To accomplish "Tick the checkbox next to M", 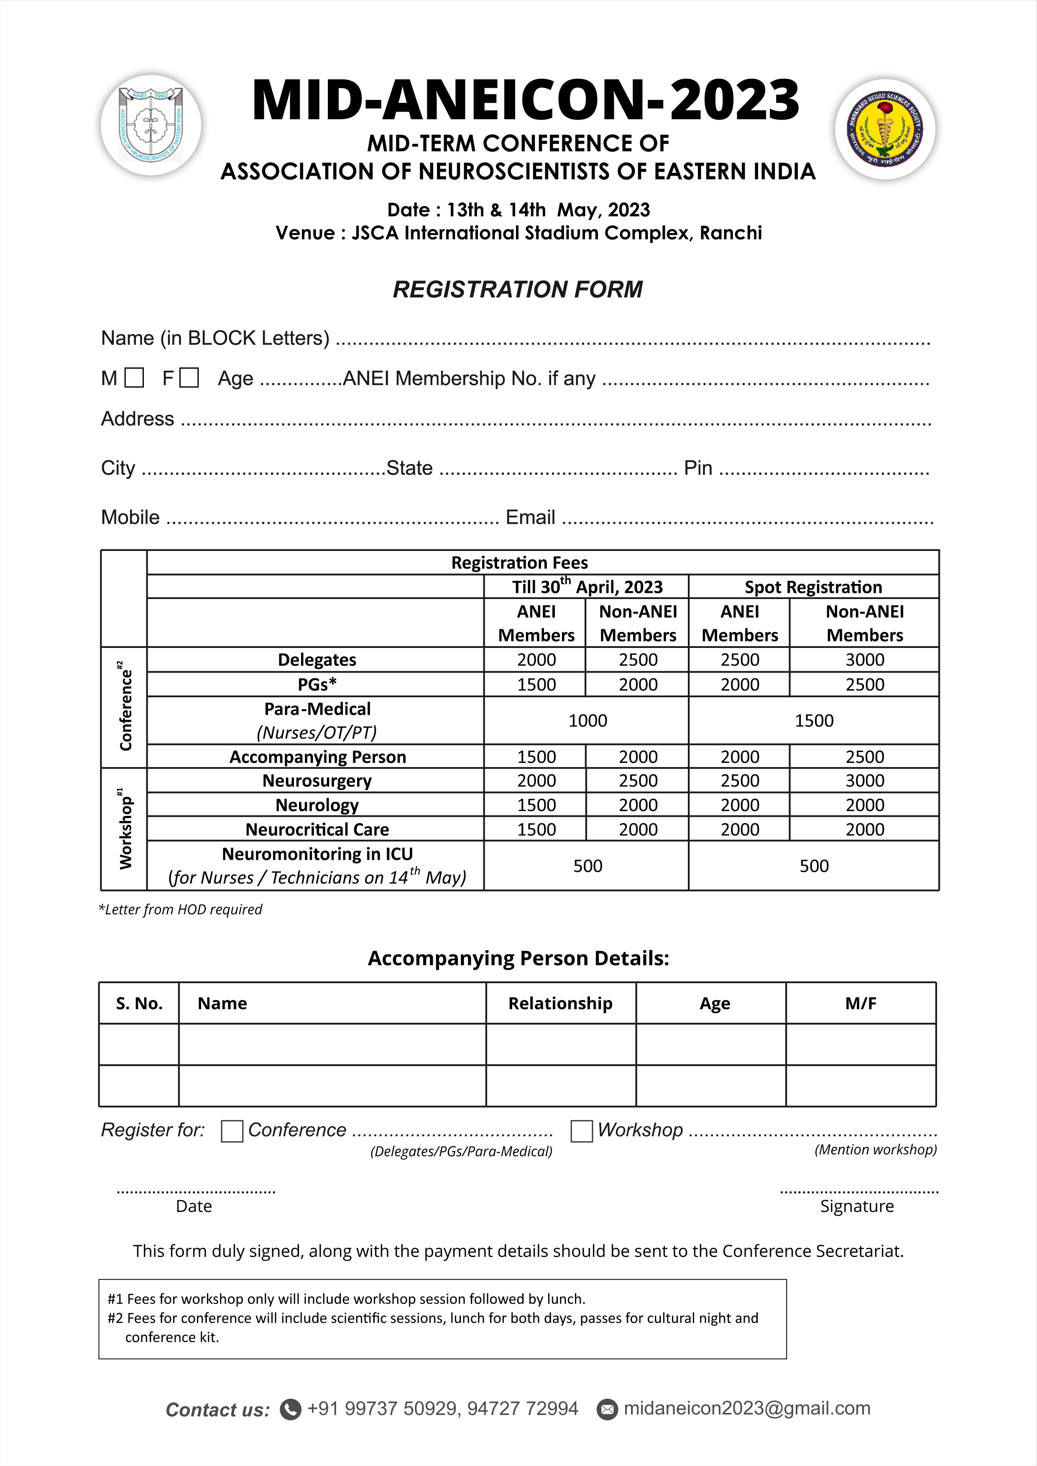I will coord(134,378).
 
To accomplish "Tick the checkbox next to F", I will coord(189,378).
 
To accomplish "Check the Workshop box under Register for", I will coord(581,1131).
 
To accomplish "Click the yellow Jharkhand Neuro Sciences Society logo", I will coord(885,130).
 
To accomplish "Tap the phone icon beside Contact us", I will coord(291,1409).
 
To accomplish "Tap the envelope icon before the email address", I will coord(607,1409).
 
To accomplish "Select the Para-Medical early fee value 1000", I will coord(587,721).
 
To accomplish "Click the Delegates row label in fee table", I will coord(317,660).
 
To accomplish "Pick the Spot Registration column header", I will coord(813,587).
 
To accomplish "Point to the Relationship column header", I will coord(560,1003).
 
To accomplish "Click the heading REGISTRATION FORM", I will coord(518,289).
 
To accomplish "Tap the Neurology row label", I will coord(317,805).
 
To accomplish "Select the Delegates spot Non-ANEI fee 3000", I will coord(865,660).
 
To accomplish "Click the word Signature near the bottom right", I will coord(857,1206).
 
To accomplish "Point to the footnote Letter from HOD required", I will coord(181,909).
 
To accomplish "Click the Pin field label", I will coord(698,468).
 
